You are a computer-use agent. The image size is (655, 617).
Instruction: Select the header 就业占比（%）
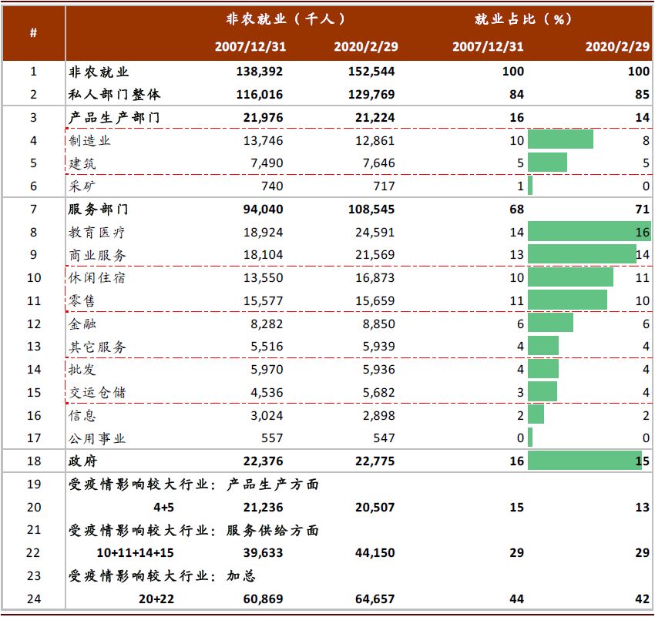coord(524,18)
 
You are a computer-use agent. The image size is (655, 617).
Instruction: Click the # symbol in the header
coord(33,32)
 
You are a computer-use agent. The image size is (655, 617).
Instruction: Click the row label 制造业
coord(90,140)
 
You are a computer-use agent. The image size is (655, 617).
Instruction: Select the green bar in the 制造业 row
coord(560,139)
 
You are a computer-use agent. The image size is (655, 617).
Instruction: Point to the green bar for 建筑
coord(547,163)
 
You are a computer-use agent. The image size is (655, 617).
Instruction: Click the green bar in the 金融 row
coord(550,324)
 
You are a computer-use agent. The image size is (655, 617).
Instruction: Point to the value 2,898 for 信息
coord(377,416)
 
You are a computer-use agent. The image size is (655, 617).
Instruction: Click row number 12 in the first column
coord(33,324)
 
